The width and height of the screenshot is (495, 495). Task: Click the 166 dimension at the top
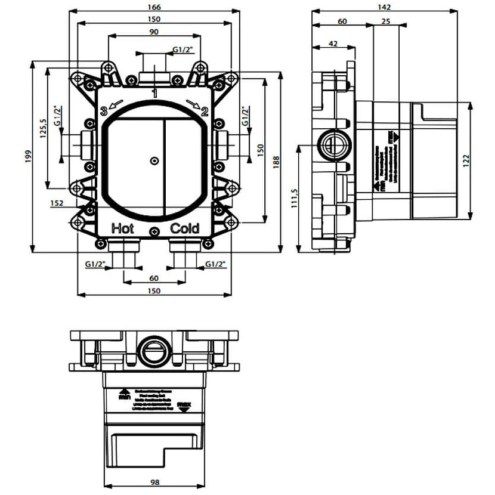154,7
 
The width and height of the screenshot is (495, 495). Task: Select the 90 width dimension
154,32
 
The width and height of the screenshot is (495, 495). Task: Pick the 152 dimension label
57,203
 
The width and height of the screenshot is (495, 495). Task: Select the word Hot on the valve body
123,228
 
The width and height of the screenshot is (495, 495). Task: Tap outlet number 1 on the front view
154,93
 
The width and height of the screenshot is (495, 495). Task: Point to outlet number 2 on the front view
204,111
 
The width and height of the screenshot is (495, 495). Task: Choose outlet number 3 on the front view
104,111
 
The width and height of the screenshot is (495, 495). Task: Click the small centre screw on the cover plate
154,160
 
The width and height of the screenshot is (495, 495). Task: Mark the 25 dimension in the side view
385,21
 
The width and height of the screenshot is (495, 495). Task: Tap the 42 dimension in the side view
333,44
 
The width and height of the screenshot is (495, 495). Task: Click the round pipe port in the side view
330,144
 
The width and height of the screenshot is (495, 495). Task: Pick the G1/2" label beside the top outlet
182,49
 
